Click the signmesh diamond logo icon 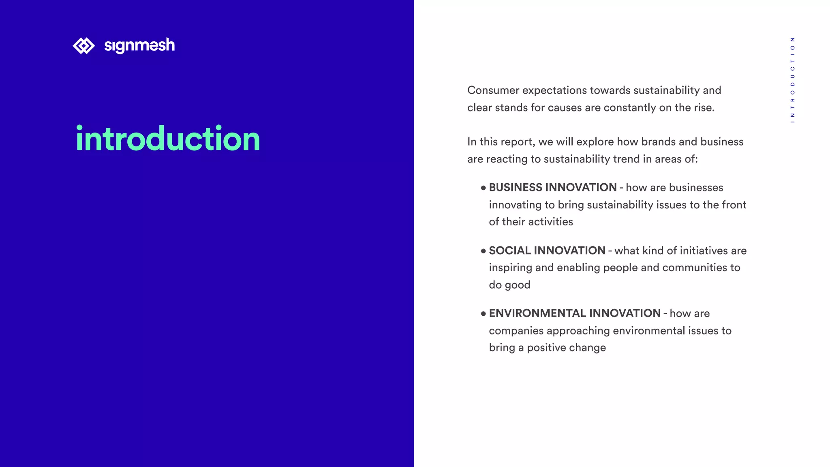click(83, 46)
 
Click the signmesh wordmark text click(139, 45)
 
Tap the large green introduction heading click(168, 139)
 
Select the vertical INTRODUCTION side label click(792, 80)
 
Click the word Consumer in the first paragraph click(493, 90)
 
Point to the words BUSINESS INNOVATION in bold click(552, 188)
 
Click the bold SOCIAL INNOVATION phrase click(547, 251)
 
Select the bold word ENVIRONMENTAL click(537, 313)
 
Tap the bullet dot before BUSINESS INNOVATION click(483, 188)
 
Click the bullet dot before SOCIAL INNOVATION click(483, 251)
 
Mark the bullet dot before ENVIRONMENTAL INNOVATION click(483, 314)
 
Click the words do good click(509, 285)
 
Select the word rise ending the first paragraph click(703, 108)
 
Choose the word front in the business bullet click(734, 205)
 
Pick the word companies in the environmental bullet click(516, 331)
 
